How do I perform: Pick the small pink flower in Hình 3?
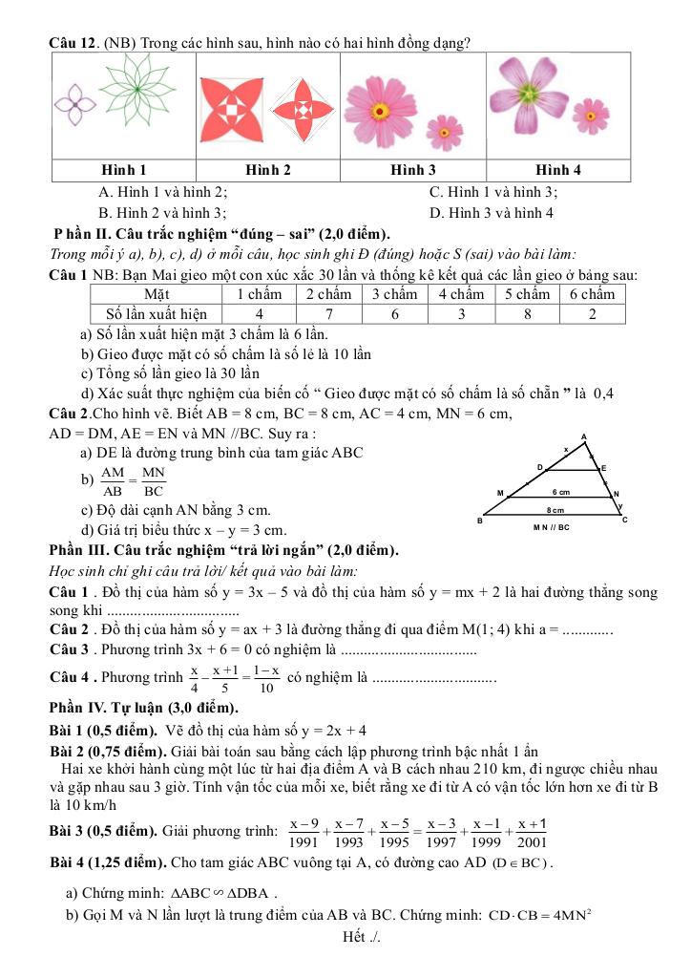444,132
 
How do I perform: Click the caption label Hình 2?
269,170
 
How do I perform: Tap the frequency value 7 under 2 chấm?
327,313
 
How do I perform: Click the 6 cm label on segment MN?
559,491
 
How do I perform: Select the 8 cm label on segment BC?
556,511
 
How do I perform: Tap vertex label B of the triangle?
480,521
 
